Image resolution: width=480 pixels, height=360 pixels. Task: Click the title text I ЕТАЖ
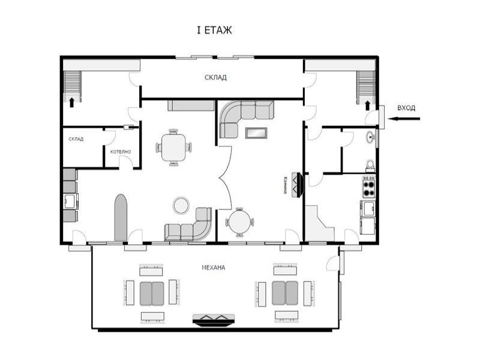(x=214, y=31)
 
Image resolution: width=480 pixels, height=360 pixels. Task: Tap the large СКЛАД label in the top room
(x=216, y=77)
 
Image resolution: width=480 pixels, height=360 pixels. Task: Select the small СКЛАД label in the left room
(x=76, y=139)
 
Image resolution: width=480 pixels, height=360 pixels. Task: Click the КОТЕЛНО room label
(x=121, y=152)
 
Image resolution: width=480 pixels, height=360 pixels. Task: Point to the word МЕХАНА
(x=214, y=268)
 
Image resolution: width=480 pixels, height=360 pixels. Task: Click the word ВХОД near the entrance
(x=406, y=108)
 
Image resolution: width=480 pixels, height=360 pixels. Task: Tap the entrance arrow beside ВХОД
(x=404, y=119)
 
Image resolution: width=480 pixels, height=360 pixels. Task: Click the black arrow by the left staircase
(x=71, y=103)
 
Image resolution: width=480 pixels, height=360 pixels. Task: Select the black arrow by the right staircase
(x=367, y=106)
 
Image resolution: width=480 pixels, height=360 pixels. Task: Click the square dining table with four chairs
(x=173, y=148)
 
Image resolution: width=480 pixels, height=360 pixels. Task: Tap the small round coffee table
(x=181, y=205)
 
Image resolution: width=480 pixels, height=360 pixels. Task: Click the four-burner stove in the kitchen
(x=369, y=187)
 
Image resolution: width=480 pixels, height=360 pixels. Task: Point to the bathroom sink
(x=370, y=137)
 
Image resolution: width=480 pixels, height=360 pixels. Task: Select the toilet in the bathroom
(x=370, y=166)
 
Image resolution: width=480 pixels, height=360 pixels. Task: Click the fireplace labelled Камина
(x=298, y=185)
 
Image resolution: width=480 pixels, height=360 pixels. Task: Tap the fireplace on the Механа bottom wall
(x=214, y=320)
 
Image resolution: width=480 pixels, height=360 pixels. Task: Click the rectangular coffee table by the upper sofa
(x=256, y=133)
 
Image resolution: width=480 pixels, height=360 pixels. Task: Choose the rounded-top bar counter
(x=121, y=218)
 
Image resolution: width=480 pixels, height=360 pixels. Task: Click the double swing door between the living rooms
(x=225, y=178)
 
